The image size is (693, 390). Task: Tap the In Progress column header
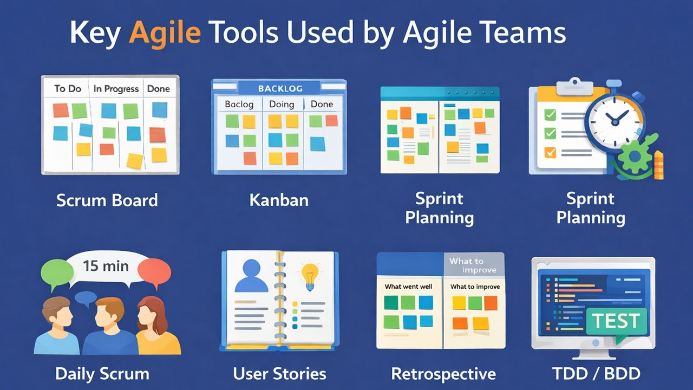(x=116, y=89)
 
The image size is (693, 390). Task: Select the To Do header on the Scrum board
(x=68, y=88)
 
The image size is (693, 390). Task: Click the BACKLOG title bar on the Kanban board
(x=280, y=88)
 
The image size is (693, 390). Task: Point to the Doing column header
(x=282, y=104)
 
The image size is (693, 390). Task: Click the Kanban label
(x=279, y=200)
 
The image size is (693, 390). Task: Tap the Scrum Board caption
(x=107, y=200)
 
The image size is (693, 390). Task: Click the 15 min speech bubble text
(x=106, y=266)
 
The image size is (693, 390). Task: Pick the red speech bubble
(x=154, y=272)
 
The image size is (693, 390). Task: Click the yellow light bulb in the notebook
(x=310, y=276)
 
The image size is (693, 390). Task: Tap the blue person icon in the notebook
(x=252, y=276)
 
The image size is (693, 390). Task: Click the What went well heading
(x=408, y=287)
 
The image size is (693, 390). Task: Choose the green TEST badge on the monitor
(x=616, y=321)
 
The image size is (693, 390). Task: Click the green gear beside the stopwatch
(x=635, y=156)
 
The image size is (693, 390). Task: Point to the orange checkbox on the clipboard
(x=550, y=153)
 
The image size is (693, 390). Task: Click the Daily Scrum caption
(x=102, y=374)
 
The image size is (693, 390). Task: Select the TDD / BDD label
(x=596, y=374)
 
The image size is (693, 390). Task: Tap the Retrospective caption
(x=443, y=374)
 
